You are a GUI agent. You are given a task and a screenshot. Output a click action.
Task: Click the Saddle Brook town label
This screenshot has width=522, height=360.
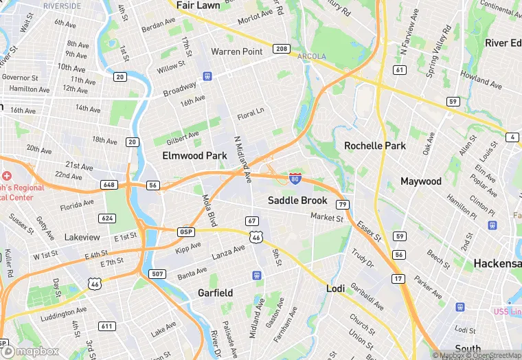point(297,201)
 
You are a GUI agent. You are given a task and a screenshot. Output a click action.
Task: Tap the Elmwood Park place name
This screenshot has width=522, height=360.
point(194,156)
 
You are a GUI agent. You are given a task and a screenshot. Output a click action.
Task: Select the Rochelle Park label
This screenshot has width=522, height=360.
point(375,146)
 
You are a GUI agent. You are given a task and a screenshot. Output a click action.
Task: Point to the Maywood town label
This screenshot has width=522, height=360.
point(421,181)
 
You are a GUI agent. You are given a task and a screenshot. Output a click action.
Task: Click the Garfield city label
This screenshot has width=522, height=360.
point(215,293)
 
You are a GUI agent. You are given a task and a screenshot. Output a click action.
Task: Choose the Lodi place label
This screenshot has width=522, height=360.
point(334,289)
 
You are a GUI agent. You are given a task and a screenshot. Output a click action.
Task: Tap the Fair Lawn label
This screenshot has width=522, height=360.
point(198,5)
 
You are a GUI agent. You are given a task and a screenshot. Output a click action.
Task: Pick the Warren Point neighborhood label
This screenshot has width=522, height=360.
point(237,52)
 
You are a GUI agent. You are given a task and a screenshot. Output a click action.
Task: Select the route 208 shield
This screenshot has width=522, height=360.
point(280,49)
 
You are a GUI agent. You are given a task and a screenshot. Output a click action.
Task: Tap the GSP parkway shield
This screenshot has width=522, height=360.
point(186,232)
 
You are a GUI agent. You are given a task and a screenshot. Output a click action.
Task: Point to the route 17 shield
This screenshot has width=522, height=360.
point(398,279)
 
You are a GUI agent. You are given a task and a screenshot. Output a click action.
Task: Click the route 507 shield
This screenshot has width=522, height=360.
point(158,274)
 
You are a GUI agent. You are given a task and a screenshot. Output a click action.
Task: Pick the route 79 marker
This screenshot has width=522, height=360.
point(342,204)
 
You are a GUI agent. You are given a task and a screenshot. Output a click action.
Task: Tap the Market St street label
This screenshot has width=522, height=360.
point(326,218)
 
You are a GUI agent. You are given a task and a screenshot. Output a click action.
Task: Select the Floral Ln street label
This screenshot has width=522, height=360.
point(250,112)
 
